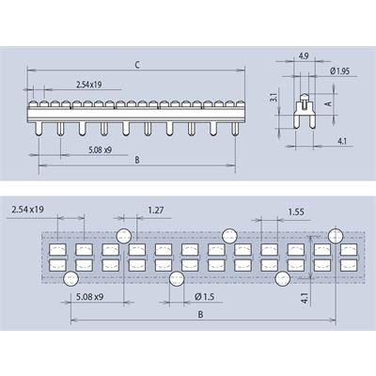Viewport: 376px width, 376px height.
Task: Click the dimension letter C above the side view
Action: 137,65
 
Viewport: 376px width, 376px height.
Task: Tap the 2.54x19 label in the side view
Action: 89,85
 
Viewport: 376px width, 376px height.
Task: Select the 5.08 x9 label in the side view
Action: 100,149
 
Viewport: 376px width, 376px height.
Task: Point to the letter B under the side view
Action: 137,160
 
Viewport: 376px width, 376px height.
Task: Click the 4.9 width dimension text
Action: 304,56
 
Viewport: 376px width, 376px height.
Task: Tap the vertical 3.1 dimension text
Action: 274,97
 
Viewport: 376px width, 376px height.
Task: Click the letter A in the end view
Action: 328,103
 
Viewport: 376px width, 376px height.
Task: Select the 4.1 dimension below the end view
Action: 342,141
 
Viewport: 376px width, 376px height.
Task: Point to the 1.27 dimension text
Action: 156,210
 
